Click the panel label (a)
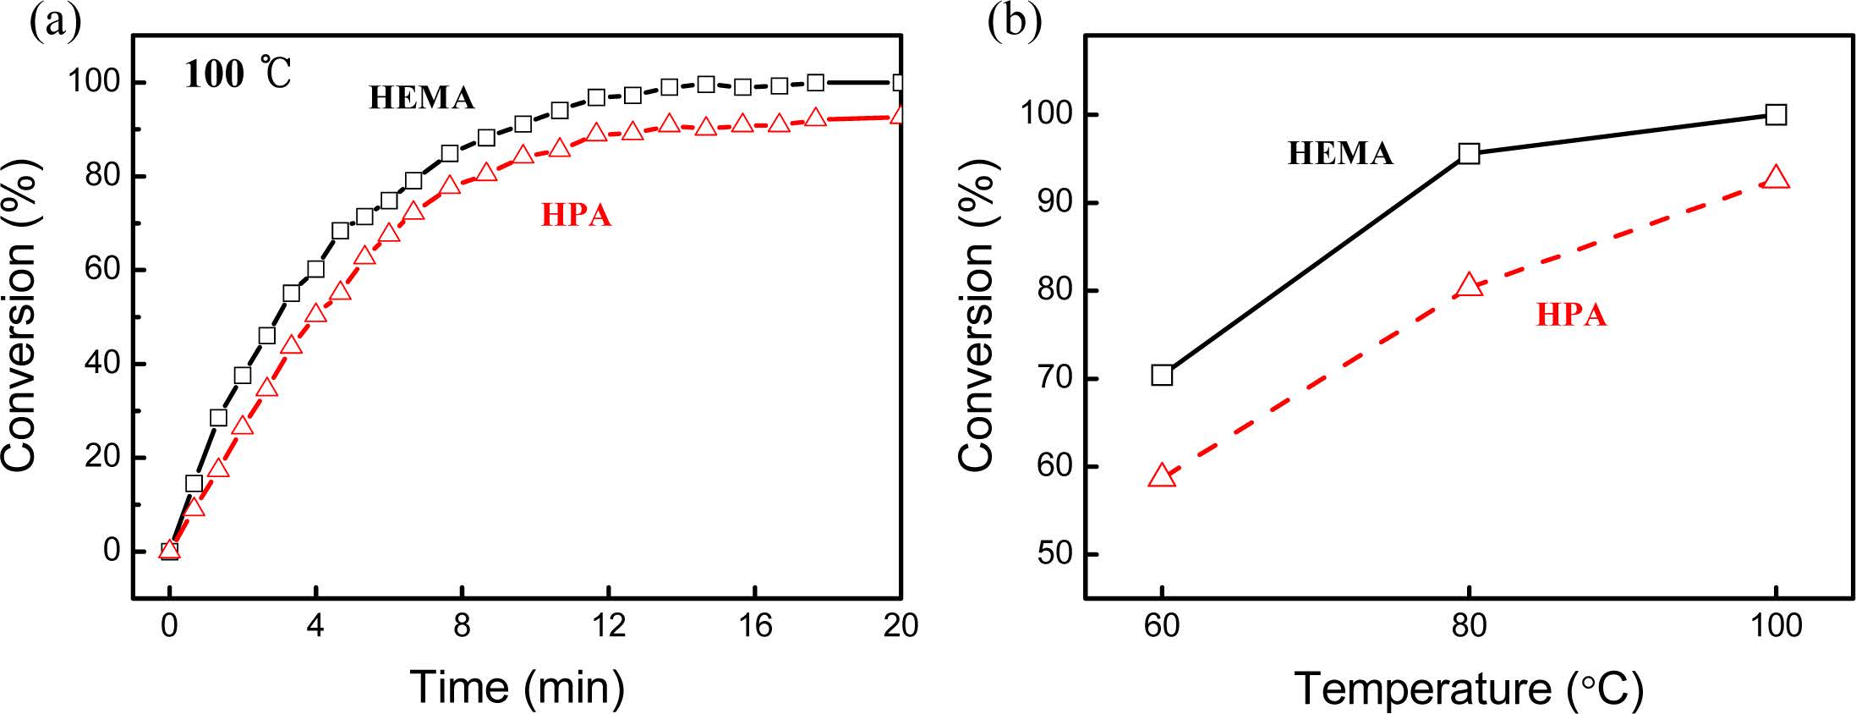point(55,23)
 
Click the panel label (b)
point(1014,23)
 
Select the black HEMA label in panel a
point(421,98)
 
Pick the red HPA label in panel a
point(576,216)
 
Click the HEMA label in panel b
point(1340,153)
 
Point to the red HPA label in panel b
point(1570,315)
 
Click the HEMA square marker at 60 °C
point(1162,375)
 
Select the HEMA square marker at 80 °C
point(1469,154)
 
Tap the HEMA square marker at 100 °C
point(1776,115)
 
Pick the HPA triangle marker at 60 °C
point(1162,476)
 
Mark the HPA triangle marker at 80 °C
point(1469,285)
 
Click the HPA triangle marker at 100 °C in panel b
point(1776,178)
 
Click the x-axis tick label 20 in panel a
point(901,626)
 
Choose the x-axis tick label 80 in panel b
point(1469,626)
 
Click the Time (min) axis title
point(517,686)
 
